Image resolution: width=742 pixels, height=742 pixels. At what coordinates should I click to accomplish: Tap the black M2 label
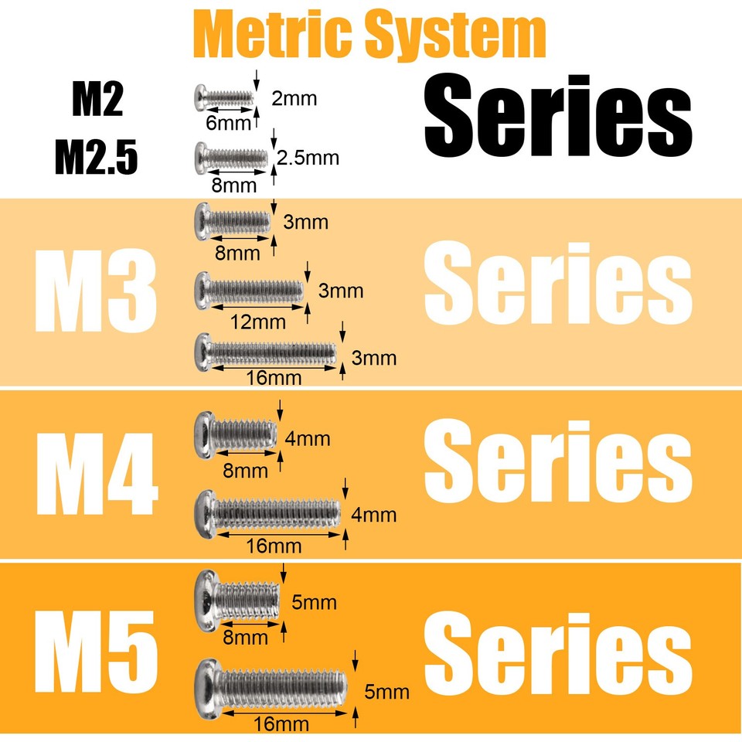[97, 100]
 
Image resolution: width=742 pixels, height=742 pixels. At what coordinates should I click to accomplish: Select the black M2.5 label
[96, 157]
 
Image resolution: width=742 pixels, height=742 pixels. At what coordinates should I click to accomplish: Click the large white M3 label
[96, 291]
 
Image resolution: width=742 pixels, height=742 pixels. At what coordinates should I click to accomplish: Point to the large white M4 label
[97, 474]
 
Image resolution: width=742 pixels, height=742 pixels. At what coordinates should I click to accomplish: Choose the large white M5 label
[96, 652]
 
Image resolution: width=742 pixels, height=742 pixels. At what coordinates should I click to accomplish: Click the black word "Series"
[558, 115]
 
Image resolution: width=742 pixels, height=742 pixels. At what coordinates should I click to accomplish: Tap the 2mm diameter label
[294, 98]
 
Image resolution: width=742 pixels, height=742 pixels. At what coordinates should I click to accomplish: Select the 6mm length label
[228, 123]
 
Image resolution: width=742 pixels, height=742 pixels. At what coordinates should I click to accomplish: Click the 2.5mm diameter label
[308, 158]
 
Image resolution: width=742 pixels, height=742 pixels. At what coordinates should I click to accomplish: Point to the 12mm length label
[258, 322]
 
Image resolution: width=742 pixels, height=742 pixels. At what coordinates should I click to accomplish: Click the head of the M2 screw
[200, 98]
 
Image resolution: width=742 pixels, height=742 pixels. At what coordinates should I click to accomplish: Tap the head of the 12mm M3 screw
[202, 291]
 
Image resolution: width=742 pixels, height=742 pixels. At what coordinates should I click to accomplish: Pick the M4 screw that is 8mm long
[236, 434]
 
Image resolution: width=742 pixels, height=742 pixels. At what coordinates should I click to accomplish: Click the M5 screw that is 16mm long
[271, 689]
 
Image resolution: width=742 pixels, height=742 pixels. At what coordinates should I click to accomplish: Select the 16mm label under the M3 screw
[274, 378]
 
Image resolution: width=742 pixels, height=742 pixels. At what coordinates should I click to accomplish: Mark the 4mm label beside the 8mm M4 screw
[308, 439]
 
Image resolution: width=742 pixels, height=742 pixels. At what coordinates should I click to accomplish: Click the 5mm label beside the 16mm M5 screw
[386, 693]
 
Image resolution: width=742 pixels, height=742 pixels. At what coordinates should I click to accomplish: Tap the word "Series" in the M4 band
[558, 461]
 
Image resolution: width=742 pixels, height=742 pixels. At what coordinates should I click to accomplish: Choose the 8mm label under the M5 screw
[245, 638]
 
